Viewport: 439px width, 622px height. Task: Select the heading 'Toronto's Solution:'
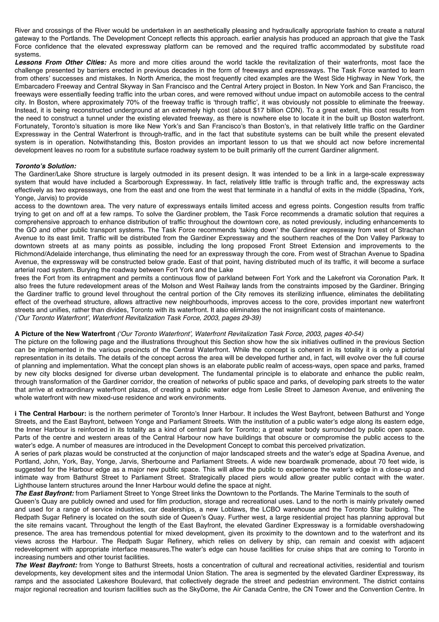45,166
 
